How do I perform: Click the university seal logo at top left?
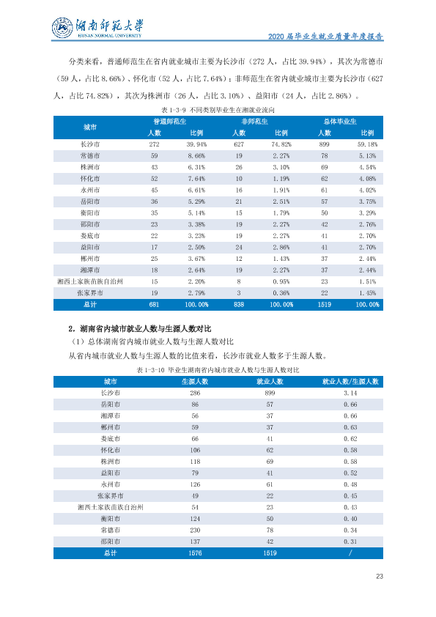(x=62, y=28)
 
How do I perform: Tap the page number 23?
(x=380, y=576)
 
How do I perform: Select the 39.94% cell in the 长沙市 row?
(x=196, y=144)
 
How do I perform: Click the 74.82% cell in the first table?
(x=281, y=144)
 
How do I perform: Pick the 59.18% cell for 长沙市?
(x=367, y=144)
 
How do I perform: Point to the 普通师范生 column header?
(x=169, y=122)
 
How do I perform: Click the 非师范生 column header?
(x=254, y=122)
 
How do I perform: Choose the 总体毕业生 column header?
(x=340, y=122)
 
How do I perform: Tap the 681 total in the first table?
(x=155, y=305)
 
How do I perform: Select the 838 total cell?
(x=239, y=305)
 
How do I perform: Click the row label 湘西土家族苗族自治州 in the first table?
(x=90, y=281)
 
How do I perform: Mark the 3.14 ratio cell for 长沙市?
(x=350, y=393)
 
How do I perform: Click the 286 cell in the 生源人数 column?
(x=195, y=393)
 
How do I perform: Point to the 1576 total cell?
(x=195, y=553)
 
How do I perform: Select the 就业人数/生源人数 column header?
(x=350, y=381)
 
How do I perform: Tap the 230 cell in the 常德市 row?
(x=195, y=530)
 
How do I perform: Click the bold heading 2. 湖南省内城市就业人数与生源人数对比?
(x=140, y=328)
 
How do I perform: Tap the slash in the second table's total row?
(x=350, y=553)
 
